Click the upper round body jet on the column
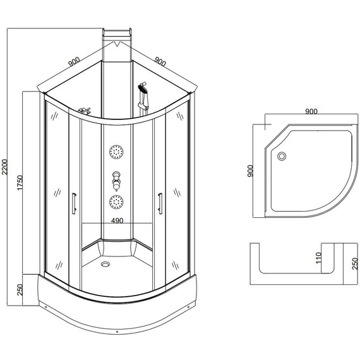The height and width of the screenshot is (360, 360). [116, 152]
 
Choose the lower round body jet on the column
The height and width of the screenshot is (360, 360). [116, 202]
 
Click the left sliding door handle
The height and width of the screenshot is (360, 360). [75, 201]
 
